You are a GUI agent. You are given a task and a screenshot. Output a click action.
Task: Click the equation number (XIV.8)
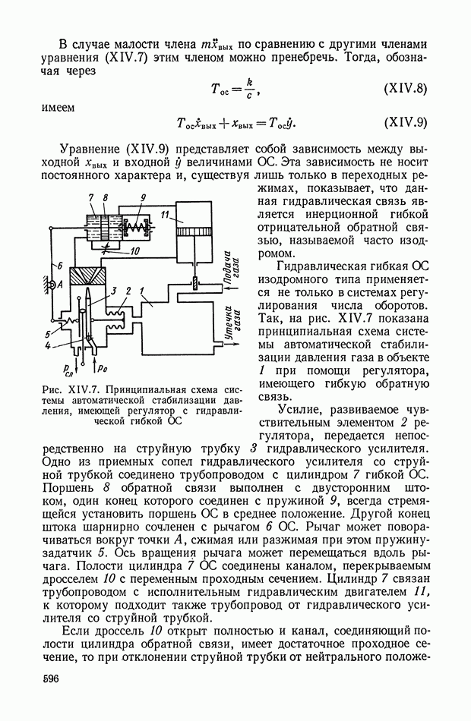[x=406, y=89]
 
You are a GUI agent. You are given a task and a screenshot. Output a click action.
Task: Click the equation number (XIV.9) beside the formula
[x=406, y=122]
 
